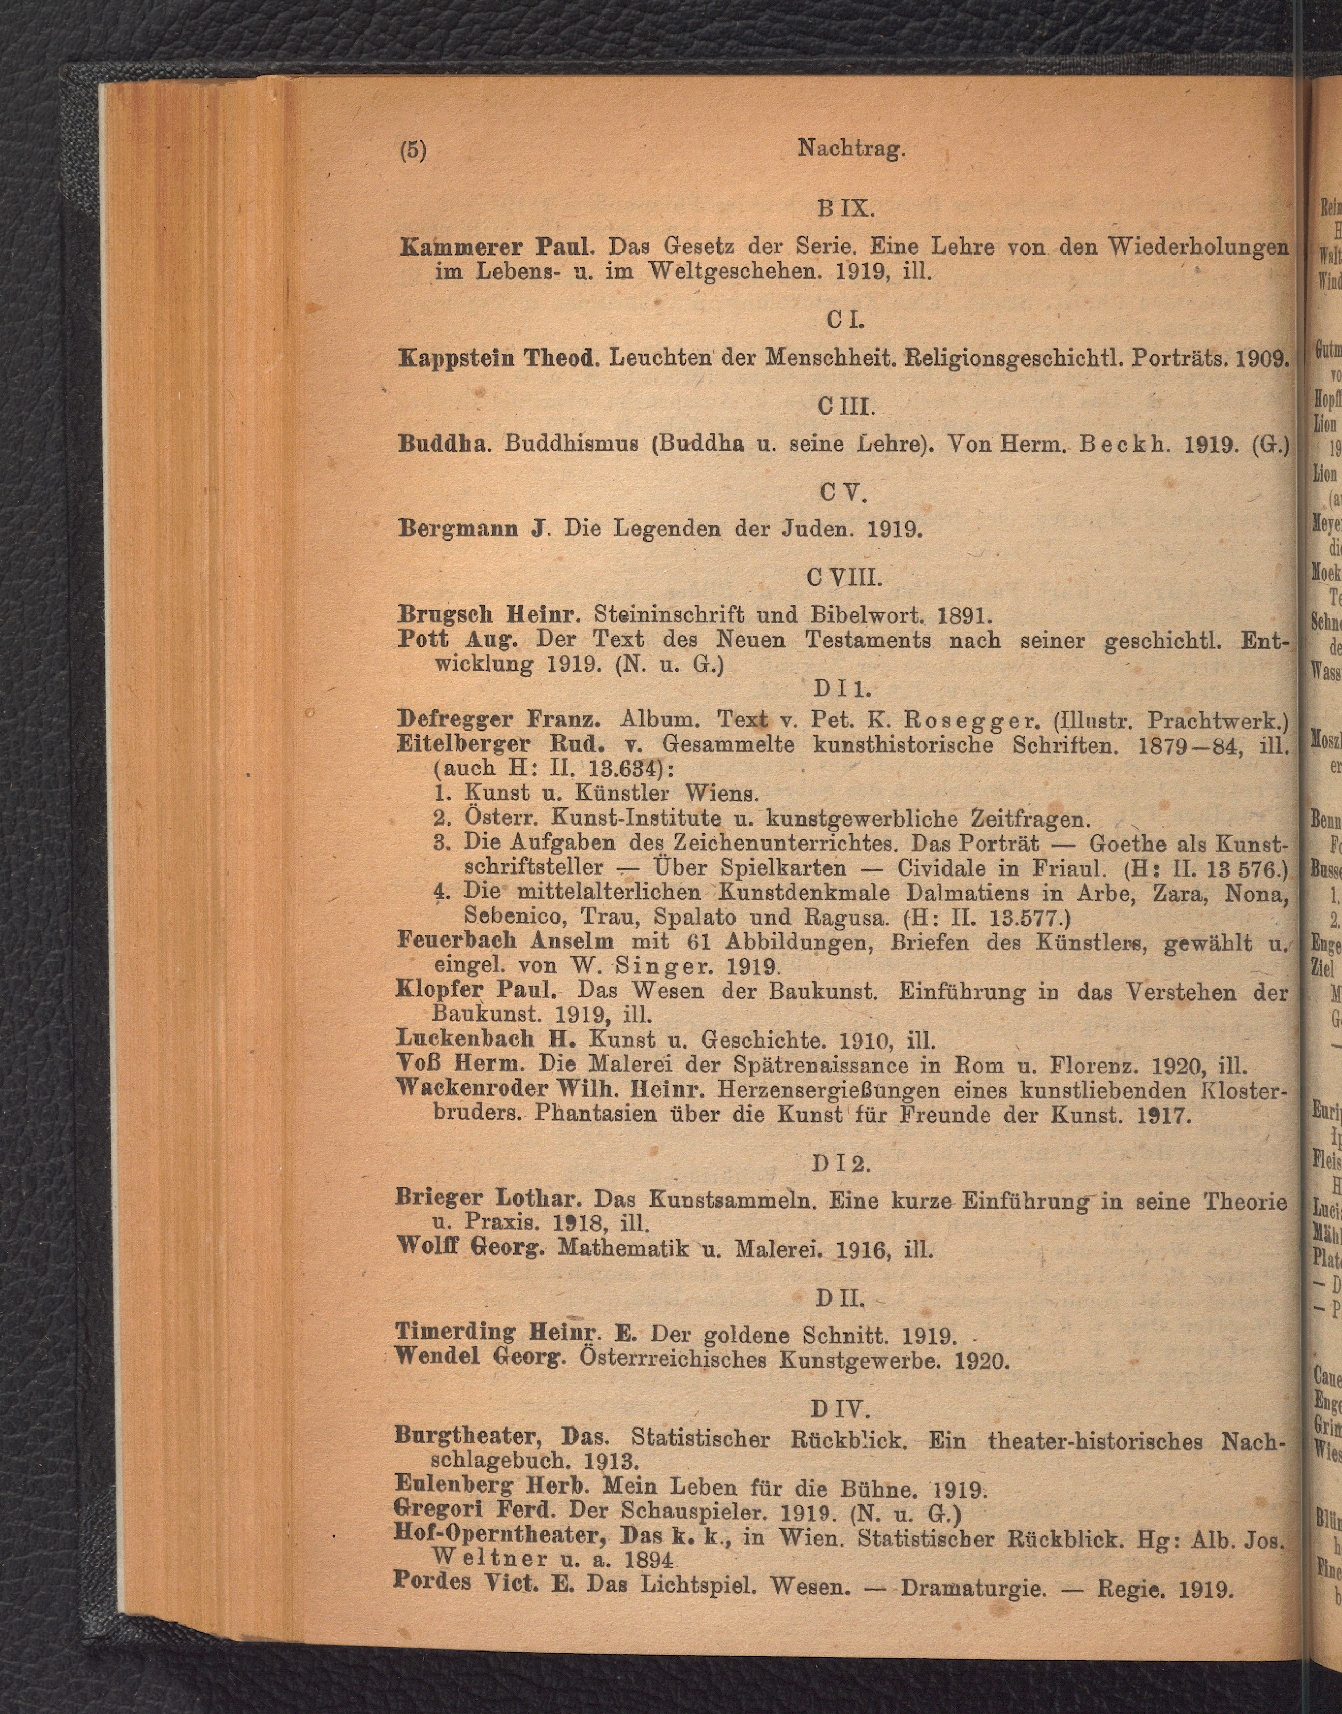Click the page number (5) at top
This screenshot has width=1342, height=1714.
pos(412,149)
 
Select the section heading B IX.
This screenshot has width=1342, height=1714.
pos(844,210)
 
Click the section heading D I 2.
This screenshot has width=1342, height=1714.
pos(841,1163)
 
